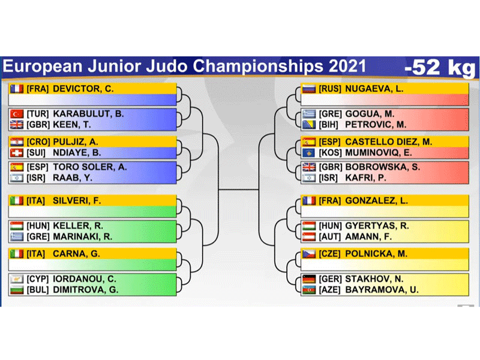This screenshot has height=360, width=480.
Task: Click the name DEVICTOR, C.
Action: [83, 89]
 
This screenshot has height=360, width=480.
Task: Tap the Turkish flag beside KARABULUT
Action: [17, 114]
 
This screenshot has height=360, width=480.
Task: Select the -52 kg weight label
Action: [440, 68]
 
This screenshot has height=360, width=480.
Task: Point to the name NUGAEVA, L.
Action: [374, 89]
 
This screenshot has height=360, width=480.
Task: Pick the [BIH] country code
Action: [328, 125]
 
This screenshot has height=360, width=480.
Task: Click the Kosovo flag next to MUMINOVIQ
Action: [309, 152]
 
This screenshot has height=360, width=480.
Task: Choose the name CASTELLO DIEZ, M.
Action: [388, 142]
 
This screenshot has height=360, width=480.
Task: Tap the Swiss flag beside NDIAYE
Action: [17, 152]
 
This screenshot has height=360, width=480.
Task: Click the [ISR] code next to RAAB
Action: [36, 178]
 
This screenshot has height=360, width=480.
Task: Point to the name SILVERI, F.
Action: [77, 201]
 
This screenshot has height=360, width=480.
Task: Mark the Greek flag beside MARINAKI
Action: [17, 236]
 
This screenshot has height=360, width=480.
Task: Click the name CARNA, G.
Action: [76, 254]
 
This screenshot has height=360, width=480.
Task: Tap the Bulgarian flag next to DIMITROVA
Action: [17, 290]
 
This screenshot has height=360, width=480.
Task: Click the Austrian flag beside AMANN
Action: [309, 236]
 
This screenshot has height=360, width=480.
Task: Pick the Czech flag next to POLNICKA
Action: [309, 254]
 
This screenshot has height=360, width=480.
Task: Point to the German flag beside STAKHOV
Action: [309, 279]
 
